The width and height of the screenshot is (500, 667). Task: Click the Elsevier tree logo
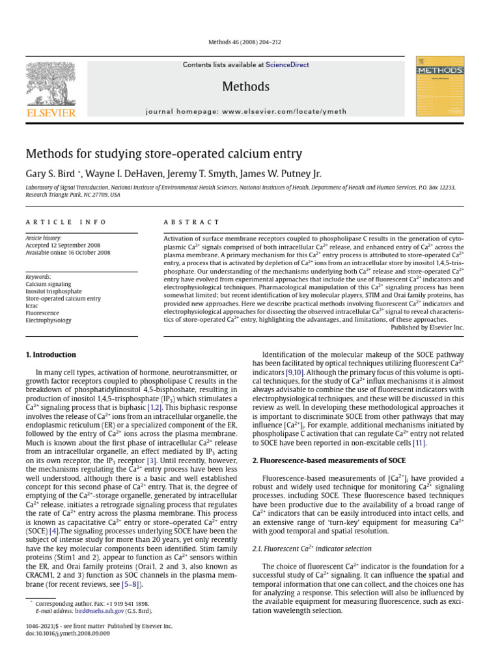(x=51, y=85)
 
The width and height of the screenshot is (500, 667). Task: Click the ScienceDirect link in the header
(x=287, y=65)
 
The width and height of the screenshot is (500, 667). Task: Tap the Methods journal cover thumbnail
(x=439, y=86)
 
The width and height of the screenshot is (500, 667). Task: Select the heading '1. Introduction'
(x=51, y=355)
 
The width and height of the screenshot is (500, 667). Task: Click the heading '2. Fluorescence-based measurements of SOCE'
(x=329, y=461)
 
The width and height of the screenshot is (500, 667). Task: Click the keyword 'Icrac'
(x=33, y=306)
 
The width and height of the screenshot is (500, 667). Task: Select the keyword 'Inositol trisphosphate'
(x=53, y=292)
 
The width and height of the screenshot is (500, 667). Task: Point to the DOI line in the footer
(x=68, y=633)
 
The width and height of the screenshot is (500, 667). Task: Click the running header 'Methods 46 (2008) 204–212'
(x=249, y=41)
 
